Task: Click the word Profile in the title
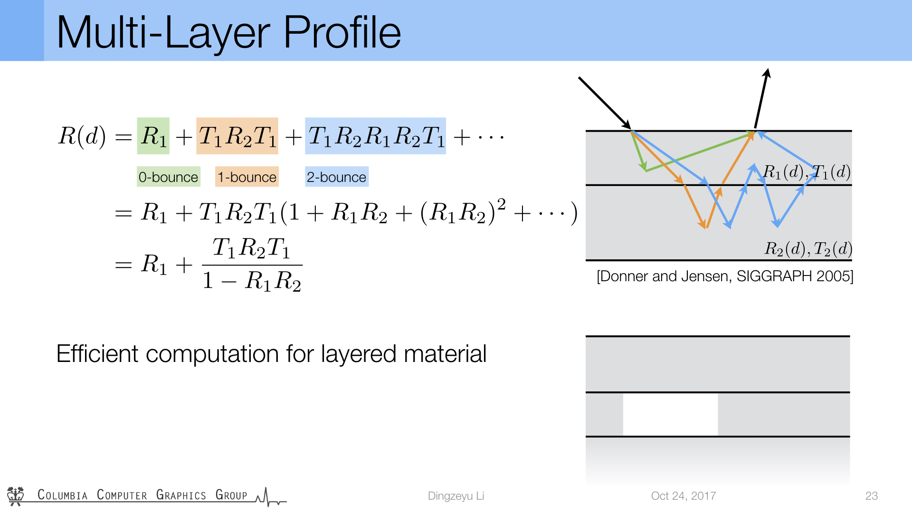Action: tap(342, 32)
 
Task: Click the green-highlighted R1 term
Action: tap(153, 136)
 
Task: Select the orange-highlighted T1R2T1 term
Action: tap(237, 136)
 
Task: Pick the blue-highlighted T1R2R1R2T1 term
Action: tap(375, 136)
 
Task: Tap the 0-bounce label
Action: tap(168, 177)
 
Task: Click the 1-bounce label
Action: tap(247, 177)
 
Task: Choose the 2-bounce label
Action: tap(336, 177)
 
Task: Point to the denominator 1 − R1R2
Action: tap(252, 281)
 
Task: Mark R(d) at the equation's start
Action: tap(82, 136)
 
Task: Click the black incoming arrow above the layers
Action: tap(605, 103)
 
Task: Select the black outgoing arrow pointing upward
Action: tap(761, 98)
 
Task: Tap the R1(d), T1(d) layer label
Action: tap(807, 172)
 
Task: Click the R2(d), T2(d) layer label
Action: tap(808, 248)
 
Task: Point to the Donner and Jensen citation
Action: tap(725, 276)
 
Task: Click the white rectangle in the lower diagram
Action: tap(670, 414)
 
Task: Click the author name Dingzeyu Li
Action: tap(456, 496)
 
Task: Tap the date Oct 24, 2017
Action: tap(684, 496)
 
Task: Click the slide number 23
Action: tap(872, 496)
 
